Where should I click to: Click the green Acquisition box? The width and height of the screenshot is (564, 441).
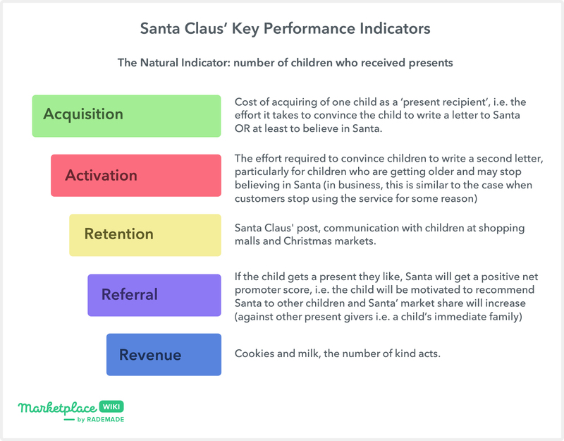pos(126,116)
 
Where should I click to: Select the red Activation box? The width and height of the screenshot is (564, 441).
pos(136,175)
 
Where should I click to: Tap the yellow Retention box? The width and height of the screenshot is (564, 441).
pos(145,235)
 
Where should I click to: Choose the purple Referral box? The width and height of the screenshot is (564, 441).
pos(154,295)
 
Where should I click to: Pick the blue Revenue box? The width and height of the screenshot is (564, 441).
pos(164,355)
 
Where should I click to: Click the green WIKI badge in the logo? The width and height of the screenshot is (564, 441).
pos(111,407)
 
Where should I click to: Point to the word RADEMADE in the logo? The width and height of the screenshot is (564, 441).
pos(105,419)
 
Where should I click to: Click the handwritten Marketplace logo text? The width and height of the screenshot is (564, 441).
pos(58,409)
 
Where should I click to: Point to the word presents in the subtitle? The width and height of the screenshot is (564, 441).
pos(431,64)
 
